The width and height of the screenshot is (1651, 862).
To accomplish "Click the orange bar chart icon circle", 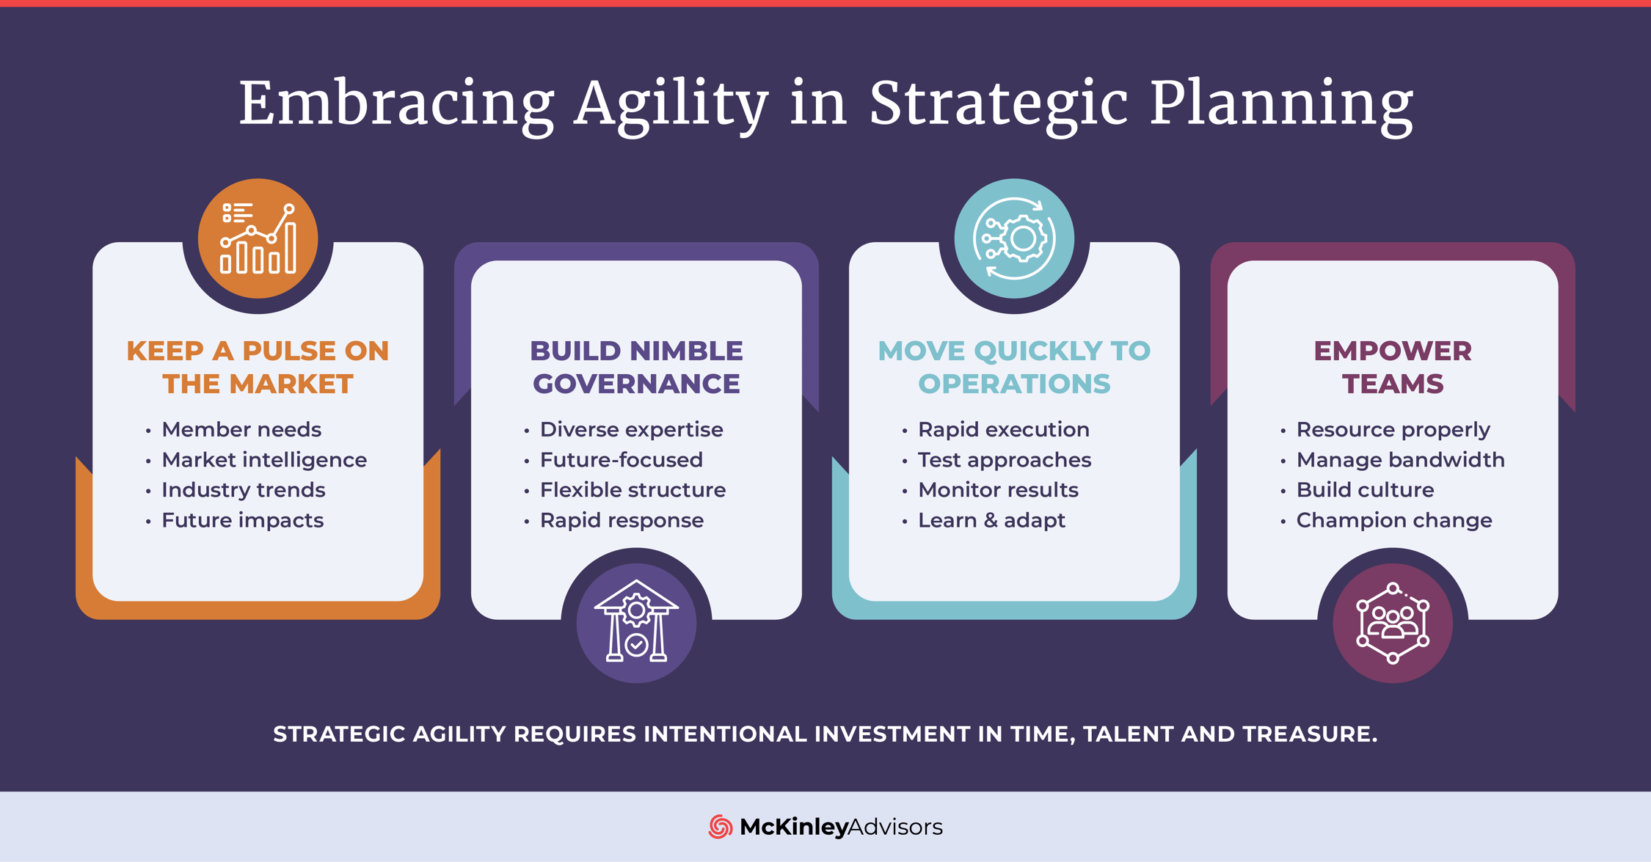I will click(x=258, y=238).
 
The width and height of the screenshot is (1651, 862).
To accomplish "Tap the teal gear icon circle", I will click(x=1014, y=238).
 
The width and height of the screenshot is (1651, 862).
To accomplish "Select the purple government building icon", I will click(x=636, y=623).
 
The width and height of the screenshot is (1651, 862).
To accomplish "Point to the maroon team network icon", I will click(x=1392, y=623).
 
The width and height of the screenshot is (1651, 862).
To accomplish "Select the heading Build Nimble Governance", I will click(x=636, y=367).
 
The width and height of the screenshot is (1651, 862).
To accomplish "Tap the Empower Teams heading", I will click(x=1392, y=367).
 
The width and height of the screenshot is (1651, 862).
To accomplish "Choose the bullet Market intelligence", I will click(x=263, y=460).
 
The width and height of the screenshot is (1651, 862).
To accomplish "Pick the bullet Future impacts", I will click(x=242, y=520).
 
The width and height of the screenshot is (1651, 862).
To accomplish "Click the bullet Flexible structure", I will click(x=633, y=490).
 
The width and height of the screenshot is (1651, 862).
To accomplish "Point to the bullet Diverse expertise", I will click(x=631, y=430).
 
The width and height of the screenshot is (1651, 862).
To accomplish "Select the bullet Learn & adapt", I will click(x=991, y=520).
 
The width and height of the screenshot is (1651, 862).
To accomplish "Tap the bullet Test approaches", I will click(x=1004, y=460).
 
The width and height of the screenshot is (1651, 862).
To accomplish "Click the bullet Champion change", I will click(x=1393, y=520).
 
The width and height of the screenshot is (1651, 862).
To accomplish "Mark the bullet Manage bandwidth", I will click(x=1400, y=460).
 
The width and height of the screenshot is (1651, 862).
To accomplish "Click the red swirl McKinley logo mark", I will click(x=720, y=827).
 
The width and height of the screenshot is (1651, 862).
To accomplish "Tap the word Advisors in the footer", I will click(x=895, y=827).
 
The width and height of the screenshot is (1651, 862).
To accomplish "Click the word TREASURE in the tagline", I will click(x=1309, y=734).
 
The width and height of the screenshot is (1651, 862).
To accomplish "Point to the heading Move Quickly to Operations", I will click(x=1014, y=367).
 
